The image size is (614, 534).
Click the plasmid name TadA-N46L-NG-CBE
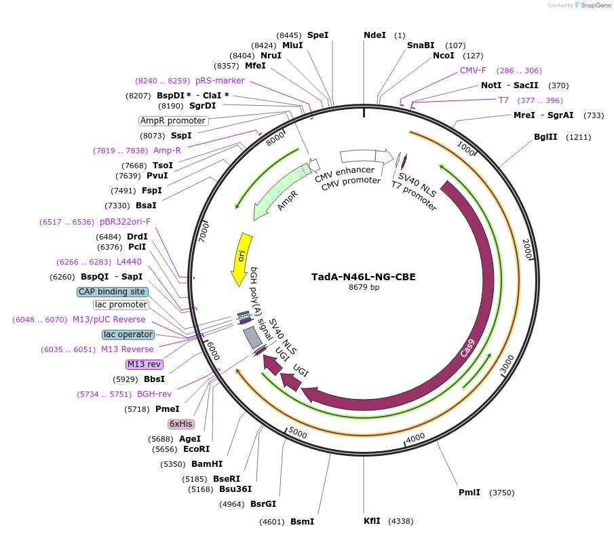[x=363, y=277]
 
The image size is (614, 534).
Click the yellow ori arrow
[x=241, y=259]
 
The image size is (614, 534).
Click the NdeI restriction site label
[x=375, y=35]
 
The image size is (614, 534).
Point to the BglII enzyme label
[x=545, y=137]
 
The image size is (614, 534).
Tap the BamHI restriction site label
[x=207, y=464]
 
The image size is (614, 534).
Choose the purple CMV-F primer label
[x=473, y=71]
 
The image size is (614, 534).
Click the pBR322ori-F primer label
[x=126, y=222]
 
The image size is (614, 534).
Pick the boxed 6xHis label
[x=181, y=424]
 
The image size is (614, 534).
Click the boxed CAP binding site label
[x=112, y=292]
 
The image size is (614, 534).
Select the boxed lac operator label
[x=128, y=335]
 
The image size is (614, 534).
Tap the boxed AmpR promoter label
[x=173, y=121]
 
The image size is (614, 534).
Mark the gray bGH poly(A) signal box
[x=252, y=337]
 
